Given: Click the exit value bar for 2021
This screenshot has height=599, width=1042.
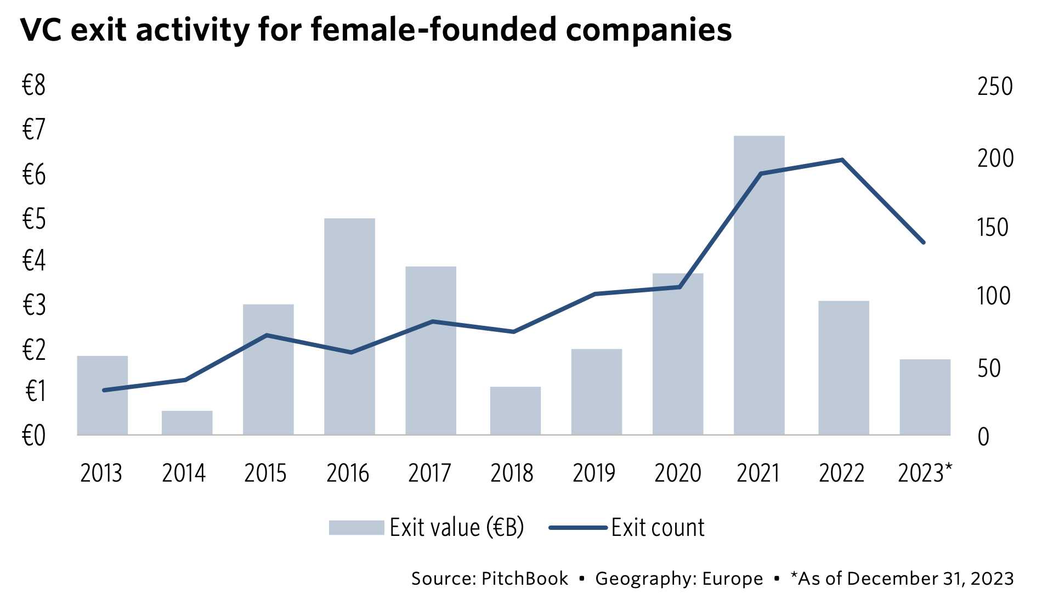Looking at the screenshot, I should point(759,285).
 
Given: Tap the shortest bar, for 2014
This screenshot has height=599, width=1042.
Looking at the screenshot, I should point(187,423).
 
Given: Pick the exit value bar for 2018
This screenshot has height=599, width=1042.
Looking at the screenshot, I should point(515,411).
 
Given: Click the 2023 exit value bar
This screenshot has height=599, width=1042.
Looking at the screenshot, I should point(925,397).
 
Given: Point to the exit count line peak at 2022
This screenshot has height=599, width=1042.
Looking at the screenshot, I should point(841,160).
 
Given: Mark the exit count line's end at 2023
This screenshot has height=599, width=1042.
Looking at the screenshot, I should point(924,242).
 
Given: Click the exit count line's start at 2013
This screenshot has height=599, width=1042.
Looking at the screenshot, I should point(104,390).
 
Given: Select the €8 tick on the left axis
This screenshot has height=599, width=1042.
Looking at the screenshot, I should point(34,86).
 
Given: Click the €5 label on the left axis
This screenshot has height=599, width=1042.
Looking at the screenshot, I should point(34,219).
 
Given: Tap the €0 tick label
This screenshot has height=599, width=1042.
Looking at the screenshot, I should point(34,436).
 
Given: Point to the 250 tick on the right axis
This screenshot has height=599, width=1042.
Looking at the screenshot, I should point(994,87).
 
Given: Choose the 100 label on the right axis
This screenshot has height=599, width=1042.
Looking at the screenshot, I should point(993,296).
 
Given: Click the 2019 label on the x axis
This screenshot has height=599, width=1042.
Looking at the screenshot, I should point(594,473).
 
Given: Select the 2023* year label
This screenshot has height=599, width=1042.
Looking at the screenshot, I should point(925,473).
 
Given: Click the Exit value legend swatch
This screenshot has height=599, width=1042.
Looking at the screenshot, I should point(356,528).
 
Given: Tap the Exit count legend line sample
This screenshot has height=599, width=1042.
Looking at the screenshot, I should point(578,528).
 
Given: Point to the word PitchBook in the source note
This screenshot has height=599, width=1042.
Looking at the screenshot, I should point(525,579).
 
